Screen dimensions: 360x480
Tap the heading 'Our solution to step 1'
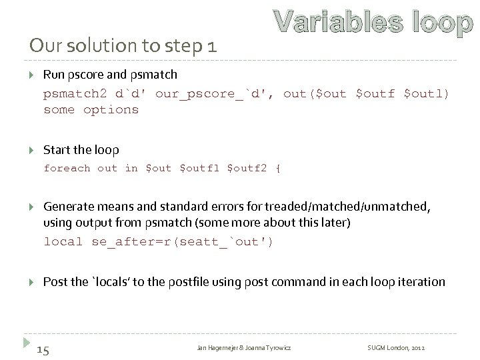(x=123, y=47)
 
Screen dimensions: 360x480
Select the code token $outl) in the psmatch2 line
(x=427, y=93)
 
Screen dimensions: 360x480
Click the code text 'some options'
(x=91, y=109)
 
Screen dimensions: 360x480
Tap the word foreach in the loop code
(x=67, y=168)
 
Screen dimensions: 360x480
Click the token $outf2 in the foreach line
(x=247, y=168)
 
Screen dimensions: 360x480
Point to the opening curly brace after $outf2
(x=278, y=168)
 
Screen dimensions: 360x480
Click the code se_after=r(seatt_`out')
(x=182, y=241)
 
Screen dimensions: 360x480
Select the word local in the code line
(x=63, y=241)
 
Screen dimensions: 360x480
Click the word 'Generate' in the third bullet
(x=68, y=208)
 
